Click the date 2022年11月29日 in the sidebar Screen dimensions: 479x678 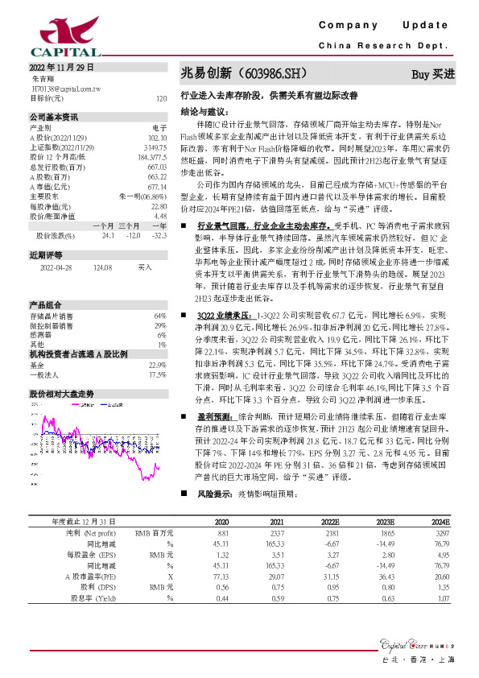(x=63, y=68)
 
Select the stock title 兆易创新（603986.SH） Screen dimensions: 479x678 (x=245, y=73)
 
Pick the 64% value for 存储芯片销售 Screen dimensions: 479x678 (x=159, y=316)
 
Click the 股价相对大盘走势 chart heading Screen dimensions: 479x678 (x=62, y=371)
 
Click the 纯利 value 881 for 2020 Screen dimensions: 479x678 (x=224, y=533)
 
